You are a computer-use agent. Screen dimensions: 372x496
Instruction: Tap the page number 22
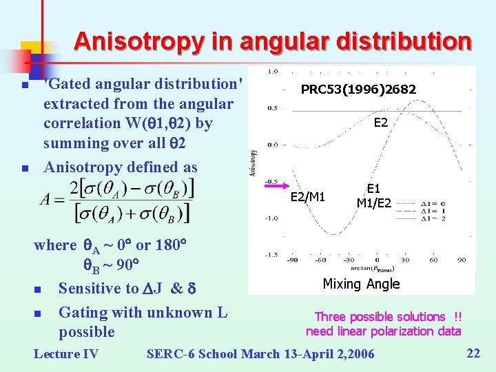[473, 353]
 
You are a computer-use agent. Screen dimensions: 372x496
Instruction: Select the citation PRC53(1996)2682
[358, 90]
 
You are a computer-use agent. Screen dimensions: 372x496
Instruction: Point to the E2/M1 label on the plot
[308, 197]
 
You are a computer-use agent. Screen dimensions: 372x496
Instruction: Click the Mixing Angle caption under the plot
[361, 284]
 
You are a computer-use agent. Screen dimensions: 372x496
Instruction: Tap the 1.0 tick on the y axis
[272, 71]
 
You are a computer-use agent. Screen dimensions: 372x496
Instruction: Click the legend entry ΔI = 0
[454, 203]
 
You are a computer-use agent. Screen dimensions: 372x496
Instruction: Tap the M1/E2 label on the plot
[373, 203]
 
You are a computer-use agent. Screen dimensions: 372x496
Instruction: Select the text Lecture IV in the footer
[66, 354]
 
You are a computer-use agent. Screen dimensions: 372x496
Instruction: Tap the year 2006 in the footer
[358, 354]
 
